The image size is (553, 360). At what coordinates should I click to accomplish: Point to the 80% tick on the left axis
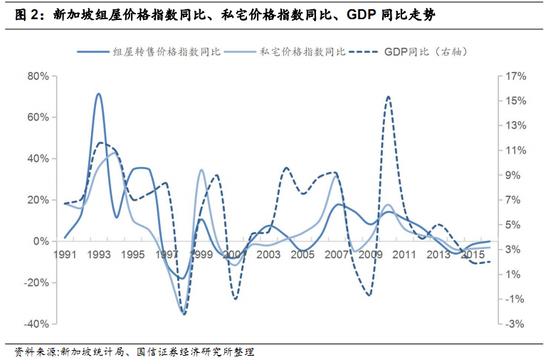36,76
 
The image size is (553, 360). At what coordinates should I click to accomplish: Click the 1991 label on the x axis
65,254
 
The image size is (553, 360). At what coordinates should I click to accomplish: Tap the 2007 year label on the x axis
337,254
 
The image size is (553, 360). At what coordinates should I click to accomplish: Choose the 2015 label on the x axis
473,254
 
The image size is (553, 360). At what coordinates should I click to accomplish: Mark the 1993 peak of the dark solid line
98,93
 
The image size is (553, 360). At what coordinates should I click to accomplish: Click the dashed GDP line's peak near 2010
388,96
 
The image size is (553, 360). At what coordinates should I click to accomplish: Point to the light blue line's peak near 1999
201,169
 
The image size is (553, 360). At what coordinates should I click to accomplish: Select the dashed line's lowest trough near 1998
184,314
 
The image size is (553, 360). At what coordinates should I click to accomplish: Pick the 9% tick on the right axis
516,175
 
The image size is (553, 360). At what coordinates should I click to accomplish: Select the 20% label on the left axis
36,200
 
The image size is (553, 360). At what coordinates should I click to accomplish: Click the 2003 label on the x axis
268,254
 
